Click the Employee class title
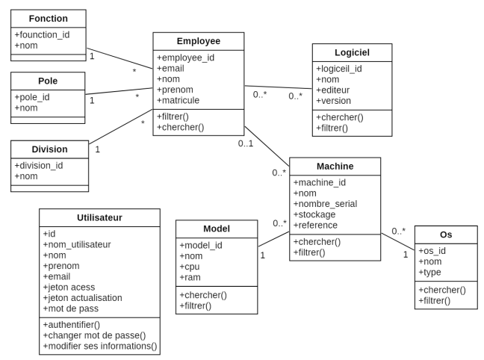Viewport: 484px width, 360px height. (198, 42)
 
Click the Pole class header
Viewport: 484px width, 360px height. (48, 80)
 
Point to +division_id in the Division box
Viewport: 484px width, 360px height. (39, 166)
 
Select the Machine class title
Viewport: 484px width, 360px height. (335, 166)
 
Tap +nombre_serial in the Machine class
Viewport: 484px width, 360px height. (326, 203)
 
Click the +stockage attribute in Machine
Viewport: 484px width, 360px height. (317, 214)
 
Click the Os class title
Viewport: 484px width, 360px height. (446, 235)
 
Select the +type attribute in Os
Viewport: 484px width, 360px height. (433, 272)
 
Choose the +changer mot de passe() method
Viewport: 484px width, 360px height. (94, 335)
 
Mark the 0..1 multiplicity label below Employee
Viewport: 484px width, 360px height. (246, 143)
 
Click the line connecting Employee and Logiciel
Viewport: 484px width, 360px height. (278, 87)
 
